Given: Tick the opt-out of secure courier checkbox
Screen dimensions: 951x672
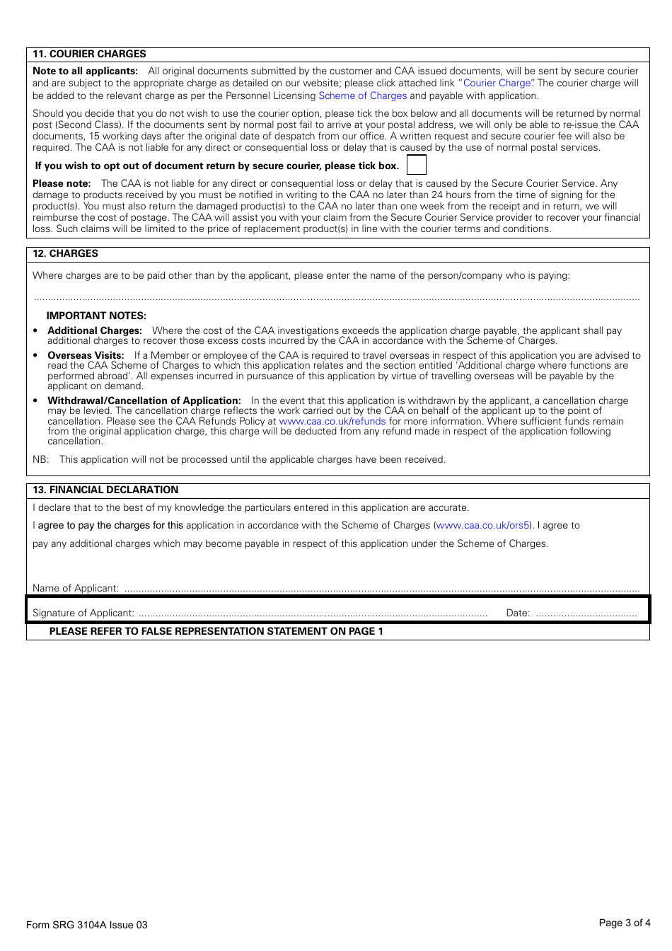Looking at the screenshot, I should (417, 166).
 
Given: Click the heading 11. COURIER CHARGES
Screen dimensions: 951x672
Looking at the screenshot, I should (89, 54).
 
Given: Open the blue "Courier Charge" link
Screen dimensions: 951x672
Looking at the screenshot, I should (496, 83).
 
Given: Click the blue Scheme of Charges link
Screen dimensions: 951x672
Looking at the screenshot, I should (362, 96).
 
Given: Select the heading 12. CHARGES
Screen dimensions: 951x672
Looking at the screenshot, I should (65, 253).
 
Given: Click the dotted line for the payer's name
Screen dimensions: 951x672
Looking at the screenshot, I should (336, 299).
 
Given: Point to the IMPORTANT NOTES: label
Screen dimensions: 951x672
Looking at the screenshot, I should (96, 316).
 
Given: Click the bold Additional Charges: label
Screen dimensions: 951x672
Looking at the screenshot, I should (95, 330).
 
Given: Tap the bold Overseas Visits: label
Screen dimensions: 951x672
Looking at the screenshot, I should (86, 355).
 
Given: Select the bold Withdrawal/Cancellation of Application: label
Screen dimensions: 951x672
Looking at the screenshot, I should (144, 400).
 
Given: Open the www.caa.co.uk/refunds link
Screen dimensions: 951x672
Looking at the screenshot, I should (332, 421).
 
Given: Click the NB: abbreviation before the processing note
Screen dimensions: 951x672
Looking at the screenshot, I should (40, 459).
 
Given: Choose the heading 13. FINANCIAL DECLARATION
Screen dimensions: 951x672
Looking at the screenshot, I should (105, 490).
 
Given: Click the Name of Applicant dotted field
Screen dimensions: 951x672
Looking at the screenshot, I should (382, 588).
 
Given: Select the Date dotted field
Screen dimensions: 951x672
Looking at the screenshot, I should (586, 613).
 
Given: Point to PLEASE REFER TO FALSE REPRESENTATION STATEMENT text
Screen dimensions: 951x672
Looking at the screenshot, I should (216, 631).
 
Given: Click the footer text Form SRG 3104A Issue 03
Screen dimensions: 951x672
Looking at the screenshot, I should (87, 925).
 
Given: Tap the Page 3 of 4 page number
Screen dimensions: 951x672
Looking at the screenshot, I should (624, 923).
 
